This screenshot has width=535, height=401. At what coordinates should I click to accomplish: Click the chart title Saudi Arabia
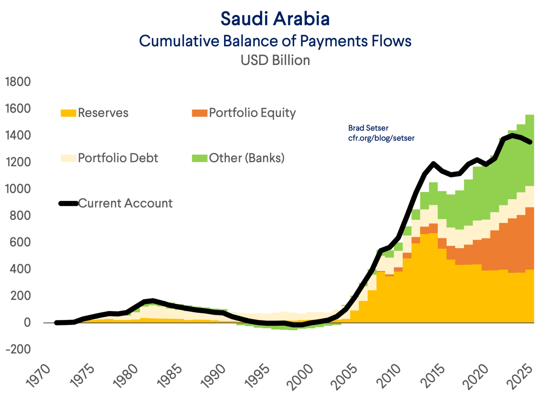275,19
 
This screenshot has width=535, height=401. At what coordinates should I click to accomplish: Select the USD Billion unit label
275,60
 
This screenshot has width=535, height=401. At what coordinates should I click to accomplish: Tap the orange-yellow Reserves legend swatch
68,113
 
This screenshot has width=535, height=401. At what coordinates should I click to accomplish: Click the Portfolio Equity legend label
252,113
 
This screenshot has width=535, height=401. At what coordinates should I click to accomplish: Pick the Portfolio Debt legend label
118,158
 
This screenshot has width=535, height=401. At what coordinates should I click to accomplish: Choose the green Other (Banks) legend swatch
200,158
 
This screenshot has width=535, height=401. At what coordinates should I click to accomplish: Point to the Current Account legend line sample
68,204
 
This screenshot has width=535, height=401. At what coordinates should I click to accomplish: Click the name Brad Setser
368,128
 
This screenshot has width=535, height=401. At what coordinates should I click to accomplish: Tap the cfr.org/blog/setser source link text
381,138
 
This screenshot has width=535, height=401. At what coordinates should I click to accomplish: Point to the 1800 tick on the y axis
18,82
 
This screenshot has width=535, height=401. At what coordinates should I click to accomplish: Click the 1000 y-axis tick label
18,189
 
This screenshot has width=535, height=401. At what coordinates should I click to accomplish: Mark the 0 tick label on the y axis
27,322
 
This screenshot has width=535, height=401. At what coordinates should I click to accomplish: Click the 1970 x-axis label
38,376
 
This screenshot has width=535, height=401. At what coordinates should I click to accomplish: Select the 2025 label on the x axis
520,376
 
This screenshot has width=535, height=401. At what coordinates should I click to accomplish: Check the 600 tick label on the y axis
20,242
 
